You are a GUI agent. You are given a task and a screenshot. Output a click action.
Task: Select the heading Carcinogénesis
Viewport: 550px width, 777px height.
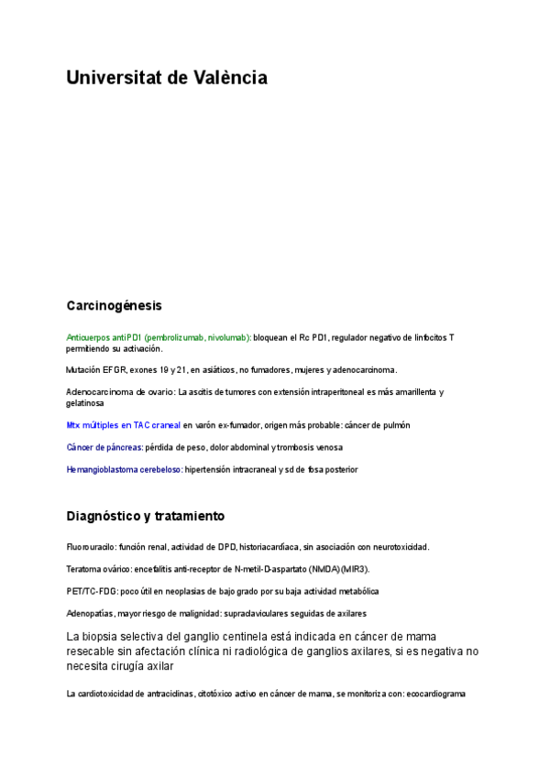pyautogui.click(x=114, y=305)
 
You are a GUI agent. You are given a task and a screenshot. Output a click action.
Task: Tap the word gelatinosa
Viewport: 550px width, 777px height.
pyautogui.click(x=84, y=403)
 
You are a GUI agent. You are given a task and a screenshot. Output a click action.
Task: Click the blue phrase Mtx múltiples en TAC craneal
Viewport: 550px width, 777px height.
pyautogui.click(x=124, y=425)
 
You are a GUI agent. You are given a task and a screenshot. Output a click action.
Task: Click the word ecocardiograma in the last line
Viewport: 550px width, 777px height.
pyautogui.click(x=435, y=694)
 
